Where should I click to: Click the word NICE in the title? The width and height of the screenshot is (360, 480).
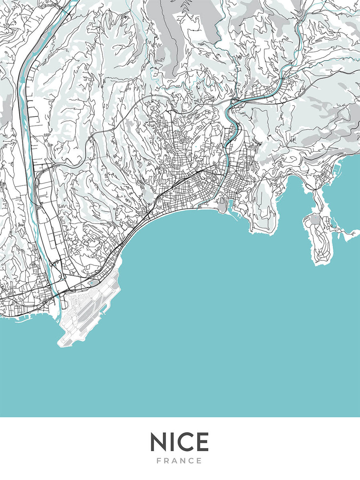180,442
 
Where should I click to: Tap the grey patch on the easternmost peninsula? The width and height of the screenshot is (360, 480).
316,219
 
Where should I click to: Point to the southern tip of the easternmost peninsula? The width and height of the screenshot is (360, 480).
320,264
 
